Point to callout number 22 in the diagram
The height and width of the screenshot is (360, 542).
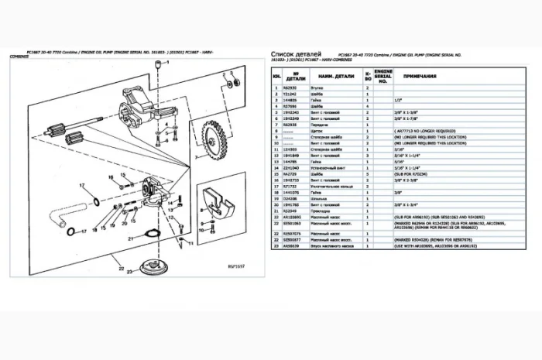[x=121, y=269]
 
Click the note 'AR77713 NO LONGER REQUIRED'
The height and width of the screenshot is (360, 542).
[x=431, y=130]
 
